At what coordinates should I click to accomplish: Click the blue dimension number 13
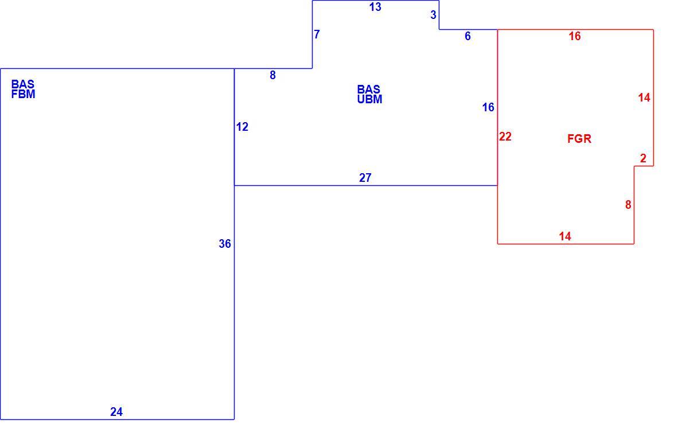(375, 7)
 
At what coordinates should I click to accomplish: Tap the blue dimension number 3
(433, 15)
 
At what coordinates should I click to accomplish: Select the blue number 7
(317, 34)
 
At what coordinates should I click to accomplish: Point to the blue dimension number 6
(467, 36)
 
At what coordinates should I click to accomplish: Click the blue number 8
(272, 75)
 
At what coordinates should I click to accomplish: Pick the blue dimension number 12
(242, 127)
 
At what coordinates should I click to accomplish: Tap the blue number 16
(489, 107)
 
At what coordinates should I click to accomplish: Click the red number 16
(575, 36)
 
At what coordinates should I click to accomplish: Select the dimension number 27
(365, 177)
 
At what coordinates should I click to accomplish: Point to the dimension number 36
(225, 244)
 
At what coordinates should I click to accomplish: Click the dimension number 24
(116, 411)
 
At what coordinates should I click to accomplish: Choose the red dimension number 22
(505, 137)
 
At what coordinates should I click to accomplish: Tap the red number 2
(644, 158)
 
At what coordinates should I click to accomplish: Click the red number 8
(628, 204)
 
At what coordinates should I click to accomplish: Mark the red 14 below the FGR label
(565, 236)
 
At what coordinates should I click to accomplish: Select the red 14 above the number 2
(644, 98)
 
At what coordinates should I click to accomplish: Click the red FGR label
(579, 139)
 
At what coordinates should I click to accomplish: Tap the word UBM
(370, 100)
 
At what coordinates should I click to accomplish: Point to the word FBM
(23, 94)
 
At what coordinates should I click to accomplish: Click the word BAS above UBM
(369, 89)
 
